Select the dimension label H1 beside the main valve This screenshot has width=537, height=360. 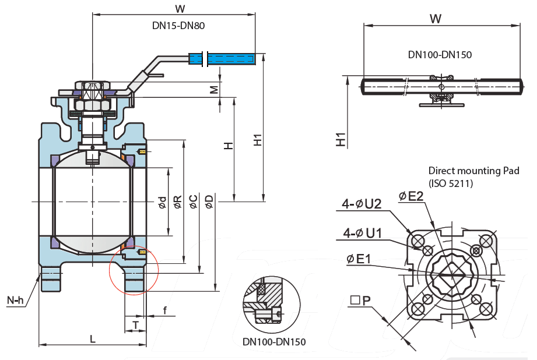coord(257,140)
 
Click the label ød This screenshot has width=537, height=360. coord(163,202)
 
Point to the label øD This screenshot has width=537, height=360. coord(209,202)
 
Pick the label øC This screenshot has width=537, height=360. coord(194,202)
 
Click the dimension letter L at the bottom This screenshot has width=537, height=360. coord(93,338)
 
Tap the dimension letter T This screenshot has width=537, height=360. coord(135,324)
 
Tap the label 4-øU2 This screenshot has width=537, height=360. coord(361,204)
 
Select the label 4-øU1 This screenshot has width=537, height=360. coord(362,234)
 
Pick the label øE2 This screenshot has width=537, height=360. coord(411,196)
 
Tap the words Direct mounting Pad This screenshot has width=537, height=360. coord(473,171)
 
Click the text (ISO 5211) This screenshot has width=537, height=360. coord(451,183)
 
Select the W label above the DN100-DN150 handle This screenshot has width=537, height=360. coord(435,19)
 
